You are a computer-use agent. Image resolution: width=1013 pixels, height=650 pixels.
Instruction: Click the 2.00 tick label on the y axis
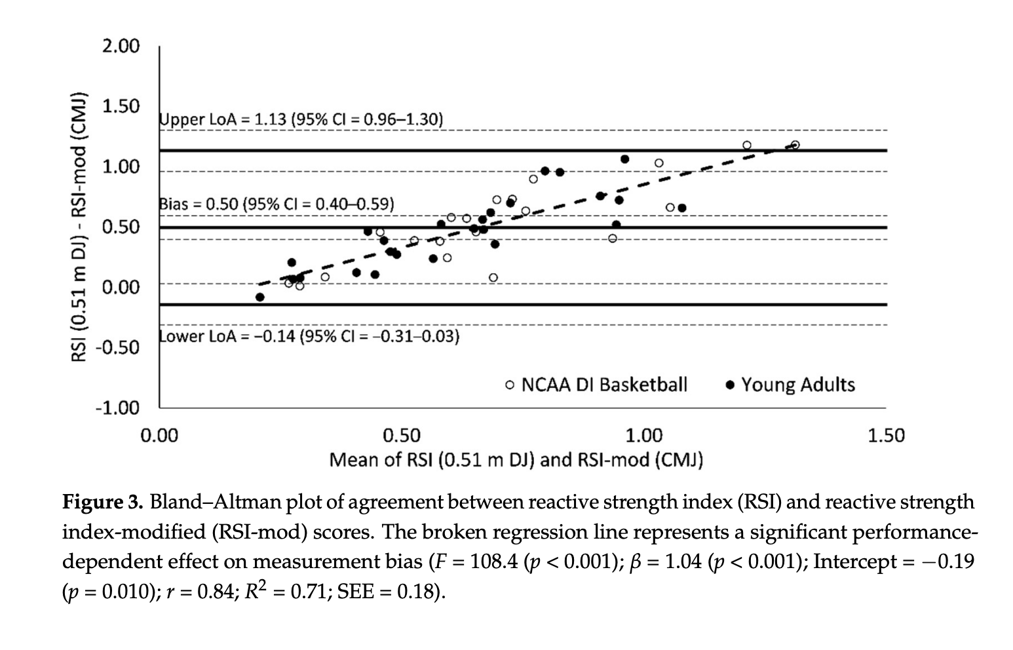point(121,47)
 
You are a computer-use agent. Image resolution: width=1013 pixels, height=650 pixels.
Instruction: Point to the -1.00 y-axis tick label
point(118,408)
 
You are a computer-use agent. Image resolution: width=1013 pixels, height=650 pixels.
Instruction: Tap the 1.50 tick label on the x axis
point(885,436)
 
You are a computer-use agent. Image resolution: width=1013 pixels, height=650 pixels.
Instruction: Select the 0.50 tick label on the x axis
point(402,436)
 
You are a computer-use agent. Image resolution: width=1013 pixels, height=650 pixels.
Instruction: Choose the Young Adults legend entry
point(791,385)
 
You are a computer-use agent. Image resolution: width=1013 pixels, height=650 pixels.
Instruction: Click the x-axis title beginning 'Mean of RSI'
point(516,459)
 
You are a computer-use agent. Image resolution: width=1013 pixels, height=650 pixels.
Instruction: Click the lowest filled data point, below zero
point(260,297)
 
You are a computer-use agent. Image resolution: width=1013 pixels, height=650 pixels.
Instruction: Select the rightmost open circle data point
point(795,145)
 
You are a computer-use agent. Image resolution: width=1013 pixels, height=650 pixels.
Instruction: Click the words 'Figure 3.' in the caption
point(102,503)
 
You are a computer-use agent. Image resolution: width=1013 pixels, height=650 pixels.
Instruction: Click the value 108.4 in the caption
point(493,562)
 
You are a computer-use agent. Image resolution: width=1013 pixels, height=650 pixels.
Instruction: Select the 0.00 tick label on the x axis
point(159,436)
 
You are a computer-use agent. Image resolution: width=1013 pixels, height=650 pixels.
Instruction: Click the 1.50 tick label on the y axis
point(121,107)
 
